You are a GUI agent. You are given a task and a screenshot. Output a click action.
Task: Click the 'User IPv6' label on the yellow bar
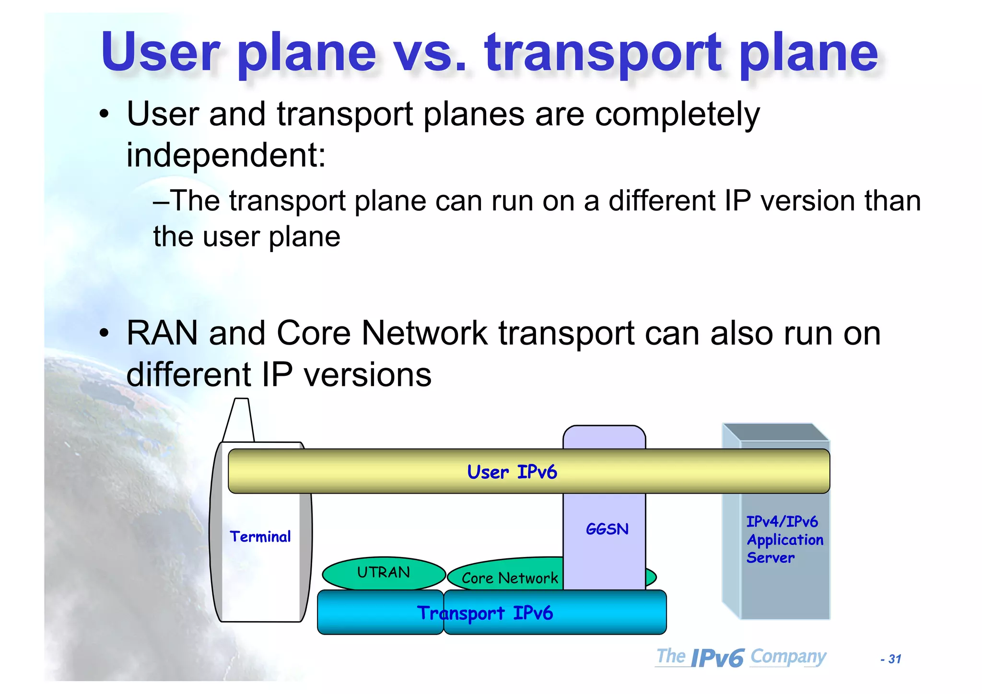click(512, 472)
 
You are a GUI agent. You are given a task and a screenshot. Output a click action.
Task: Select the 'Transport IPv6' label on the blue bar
click(485, 613)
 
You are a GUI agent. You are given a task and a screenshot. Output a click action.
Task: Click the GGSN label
click(607, 529)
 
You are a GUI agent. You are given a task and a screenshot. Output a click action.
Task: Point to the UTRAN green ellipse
click(384, 572)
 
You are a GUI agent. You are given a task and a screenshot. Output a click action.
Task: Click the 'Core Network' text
click(509, 578)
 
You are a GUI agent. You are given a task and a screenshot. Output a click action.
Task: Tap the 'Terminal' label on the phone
click(260, 536)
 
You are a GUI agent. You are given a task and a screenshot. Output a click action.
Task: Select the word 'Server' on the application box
click(770, 558)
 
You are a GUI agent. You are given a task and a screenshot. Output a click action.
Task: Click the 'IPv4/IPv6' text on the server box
click(782, 521)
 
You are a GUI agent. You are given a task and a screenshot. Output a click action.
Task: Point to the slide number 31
click(894, 659)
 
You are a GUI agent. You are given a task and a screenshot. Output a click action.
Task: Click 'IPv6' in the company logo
click(717, 658)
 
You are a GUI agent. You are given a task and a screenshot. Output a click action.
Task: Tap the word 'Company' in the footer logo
click(788, 656)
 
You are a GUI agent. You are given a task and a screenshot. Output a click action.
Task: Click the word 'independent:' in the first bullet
click(226, 156)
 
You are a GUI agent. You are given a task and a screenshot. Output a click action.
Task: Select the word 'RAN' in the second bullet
click(162, 333)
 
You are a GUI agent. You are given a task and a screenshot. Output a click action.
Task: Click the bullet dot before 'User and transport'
click(104, 115)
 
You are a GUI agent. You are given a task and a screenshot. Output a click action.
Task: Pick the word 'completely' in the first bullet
click(677, 115)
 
